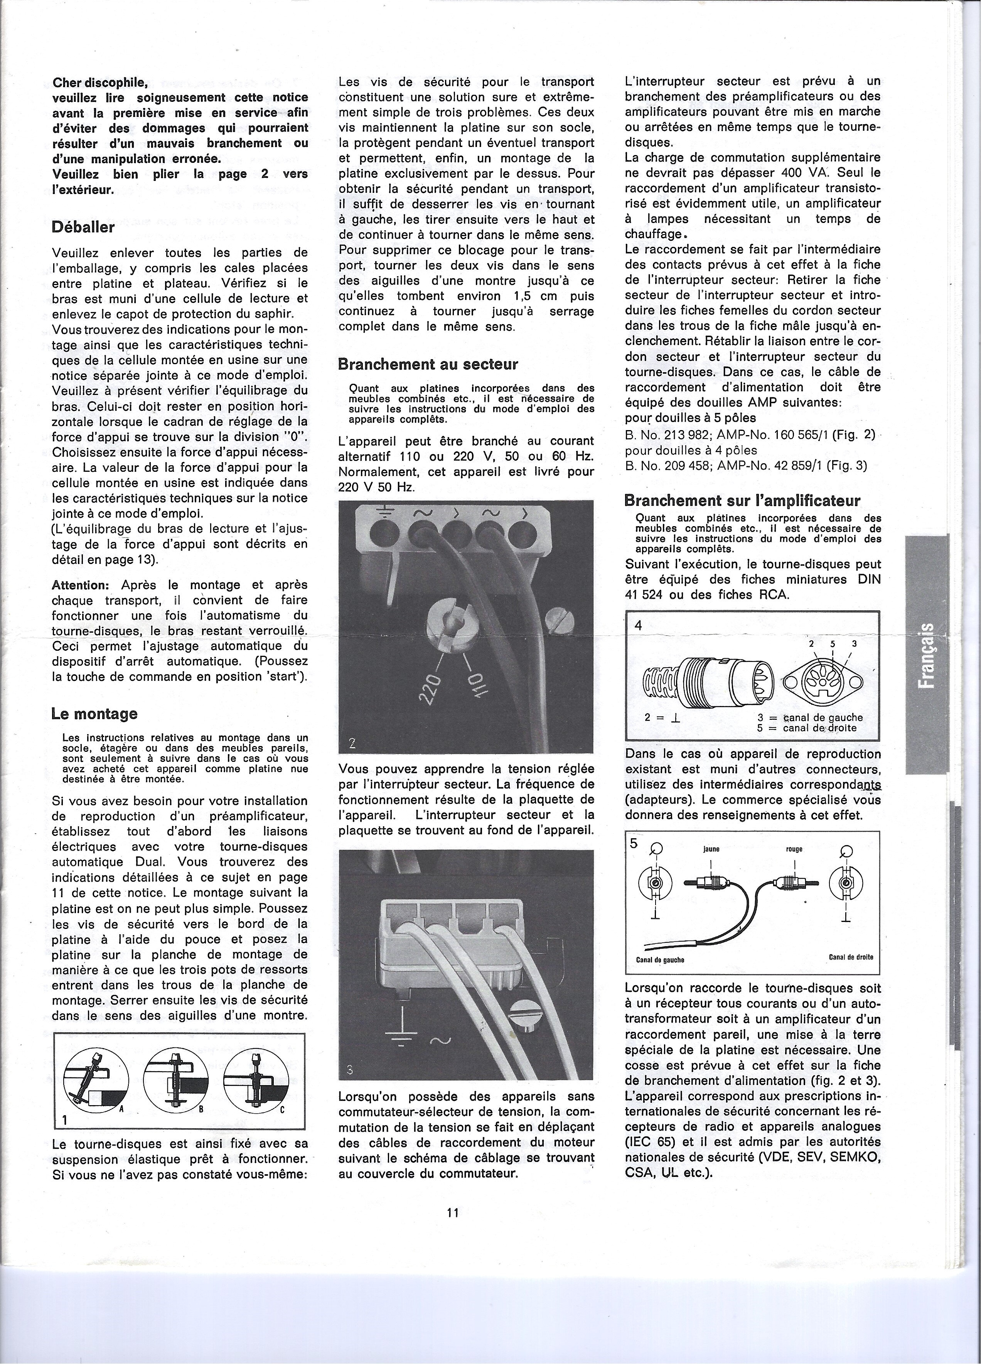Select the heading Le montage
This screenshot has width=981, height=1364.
coord(94,714)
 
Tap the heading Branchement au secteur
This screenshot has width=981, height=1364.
coord(428,365)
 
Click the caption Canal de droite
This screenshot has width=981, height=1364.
coord(851,957)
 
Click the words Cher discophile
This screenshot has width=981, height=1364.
coord(100,83)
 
